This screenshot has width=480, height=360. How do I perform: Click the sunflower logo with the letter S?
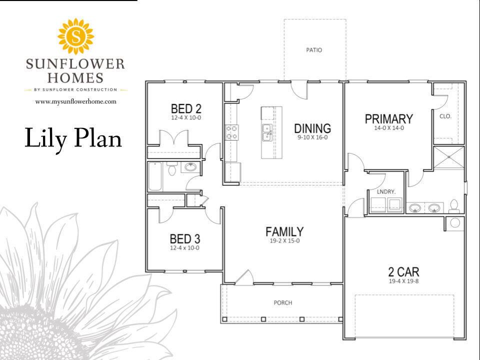(x=76, y=37)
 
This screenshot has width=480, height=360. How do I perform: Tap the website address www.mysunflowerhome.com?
(x=76, y=101)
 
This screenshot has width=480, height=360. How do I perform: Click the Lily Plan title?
(x=73, y=138)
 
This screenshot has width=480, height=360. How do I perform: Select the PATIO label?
(x=314, y=50)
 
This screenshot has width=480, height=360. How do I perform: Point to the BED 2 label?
(x=185, y=108)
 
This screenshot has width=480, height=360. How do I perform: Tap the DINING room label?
(x=312, y=128)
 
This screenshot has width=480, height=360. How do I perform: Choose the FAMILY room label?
(x=284, y=231)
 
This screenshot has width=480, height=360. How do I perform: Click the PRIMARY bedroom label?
(x=388, y=119)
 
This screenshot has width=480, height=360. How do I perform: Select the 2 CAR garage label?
(x=403, y=272)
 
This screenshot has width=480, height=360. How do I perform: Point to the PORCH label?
(x=282, y=303)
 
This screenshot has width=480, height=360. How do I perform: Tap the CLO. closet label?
(x=445, y=116)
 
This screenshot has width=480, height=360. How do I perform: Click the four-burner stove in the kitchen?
(x=231, y=132)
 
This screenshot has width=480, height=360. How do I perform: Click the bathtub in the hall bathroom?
(x=155, y=175)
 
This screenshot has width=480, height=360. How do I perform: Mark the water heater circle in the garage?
(x=454, y=223)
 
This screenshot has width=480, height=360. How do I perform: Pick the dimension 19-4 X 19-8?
(x=403, y=281)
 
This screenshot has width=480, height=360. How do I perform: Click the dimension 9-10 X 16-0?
(x=312, y=137)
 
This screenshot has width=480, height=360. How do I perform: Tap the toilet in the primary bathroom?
(x=454, y=205)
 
